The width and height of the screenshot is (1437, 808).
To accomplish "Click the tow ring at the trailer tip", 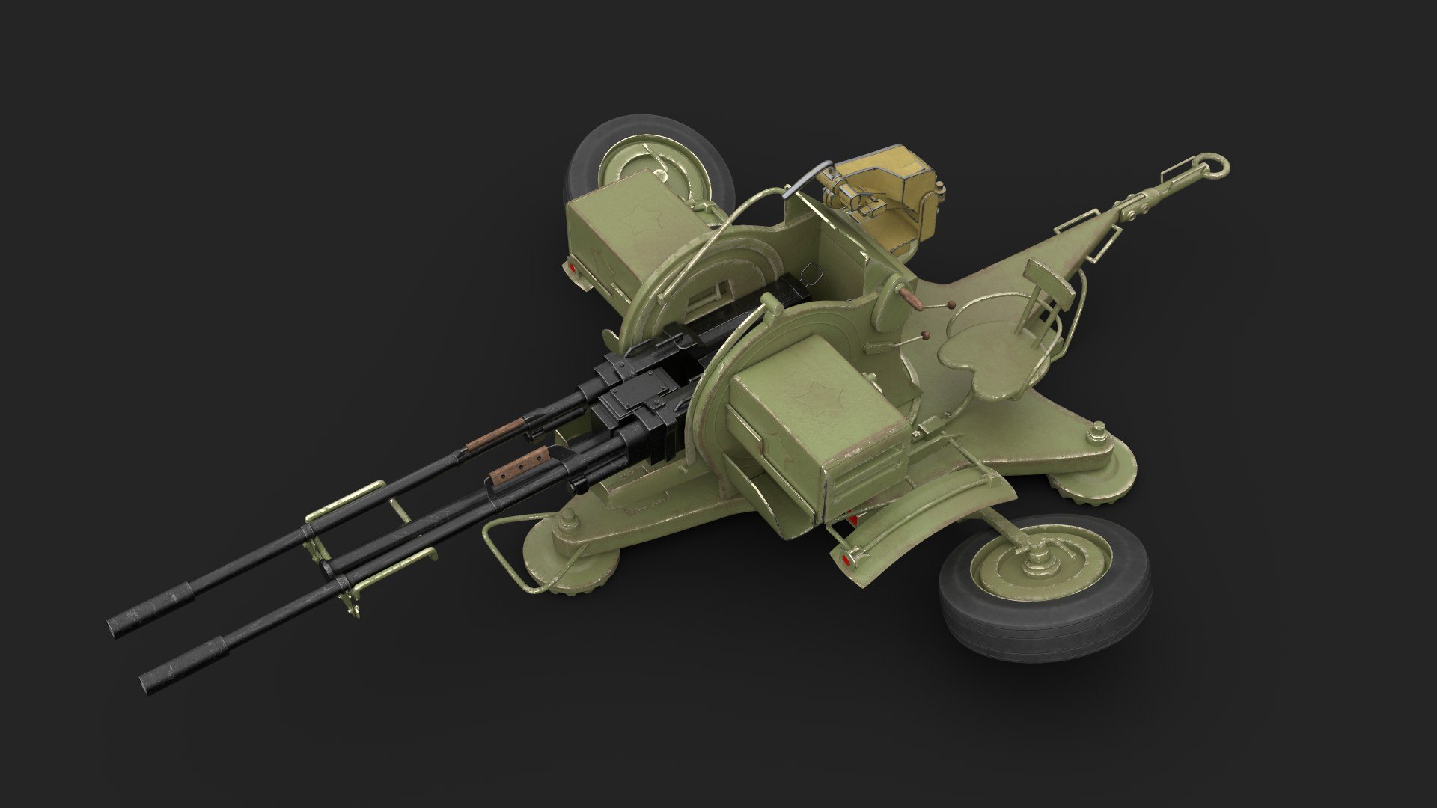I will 1212,165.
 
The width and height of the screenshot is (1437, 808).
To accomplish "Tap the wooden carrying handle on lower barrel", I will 519,465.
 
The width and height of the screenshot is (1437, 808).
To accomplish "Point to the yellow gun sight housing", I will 883,187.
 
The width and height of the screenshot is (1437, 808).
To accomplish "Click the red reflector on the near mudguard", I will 846,557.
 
